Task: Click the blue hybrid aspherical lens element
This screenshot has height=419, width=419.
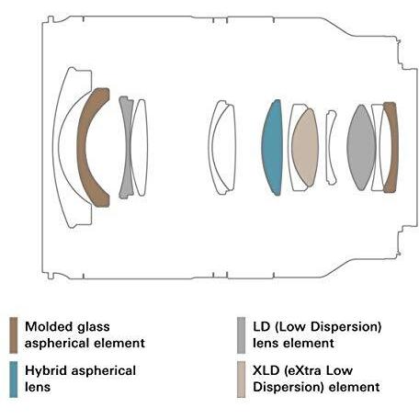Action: [x=272, y=147]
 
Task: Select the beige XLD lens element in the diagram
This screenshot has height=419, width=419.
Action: [x=305, y=147]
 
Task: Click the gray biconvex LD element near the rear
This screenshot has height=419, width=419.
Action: [x=361, y=147]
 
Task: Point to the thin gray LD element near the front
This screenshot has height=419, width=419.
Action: [x=126, y=147]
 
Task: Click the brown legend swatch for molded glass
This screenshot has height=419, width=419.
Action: [x=14, y=335]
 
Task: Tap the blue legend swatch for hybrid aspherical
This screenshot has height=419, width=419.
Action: [x=14, y=379]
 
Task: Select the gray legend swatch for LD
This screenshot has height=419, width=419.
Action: [x=242, y=335]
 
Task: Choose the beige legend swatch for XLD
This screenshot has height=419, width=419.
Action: [x=242, y=379]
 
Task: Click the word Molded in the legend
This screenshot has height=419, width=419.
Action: [x=49, y=326]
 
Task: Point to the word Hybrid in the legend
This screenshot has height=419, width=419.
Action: [x=46, y=371]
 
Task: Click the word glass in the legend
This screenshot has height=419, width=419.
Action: [x=93, y=327]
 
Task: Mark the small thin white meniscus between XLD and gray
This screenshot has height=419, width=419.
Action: [x=331, y=147]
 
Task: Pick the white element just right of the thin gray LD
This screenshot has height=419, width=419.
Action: [x=140, y=147]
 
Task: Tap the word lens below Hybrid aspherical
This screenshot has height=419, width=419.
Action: [x=38, y=387]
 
